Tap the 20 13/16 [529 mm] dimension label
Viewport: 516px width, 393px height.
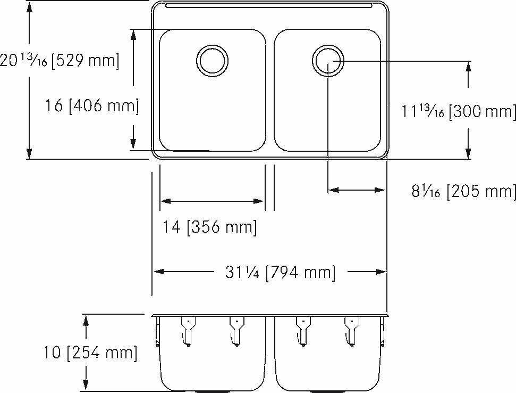coord(59,60)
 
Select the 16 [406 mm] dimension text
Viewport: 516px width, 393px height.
coord(92,106)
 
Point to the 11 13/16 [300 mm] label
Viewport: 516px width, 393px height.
coord(459,112)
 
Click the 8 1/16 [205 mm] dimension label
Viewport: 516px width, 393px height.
coord(463,191)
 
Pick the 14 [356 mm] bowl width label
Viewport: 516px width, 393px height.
coord(209,227)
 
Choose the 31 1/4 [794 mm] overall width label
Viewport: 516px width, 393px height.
coord(280,273)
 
